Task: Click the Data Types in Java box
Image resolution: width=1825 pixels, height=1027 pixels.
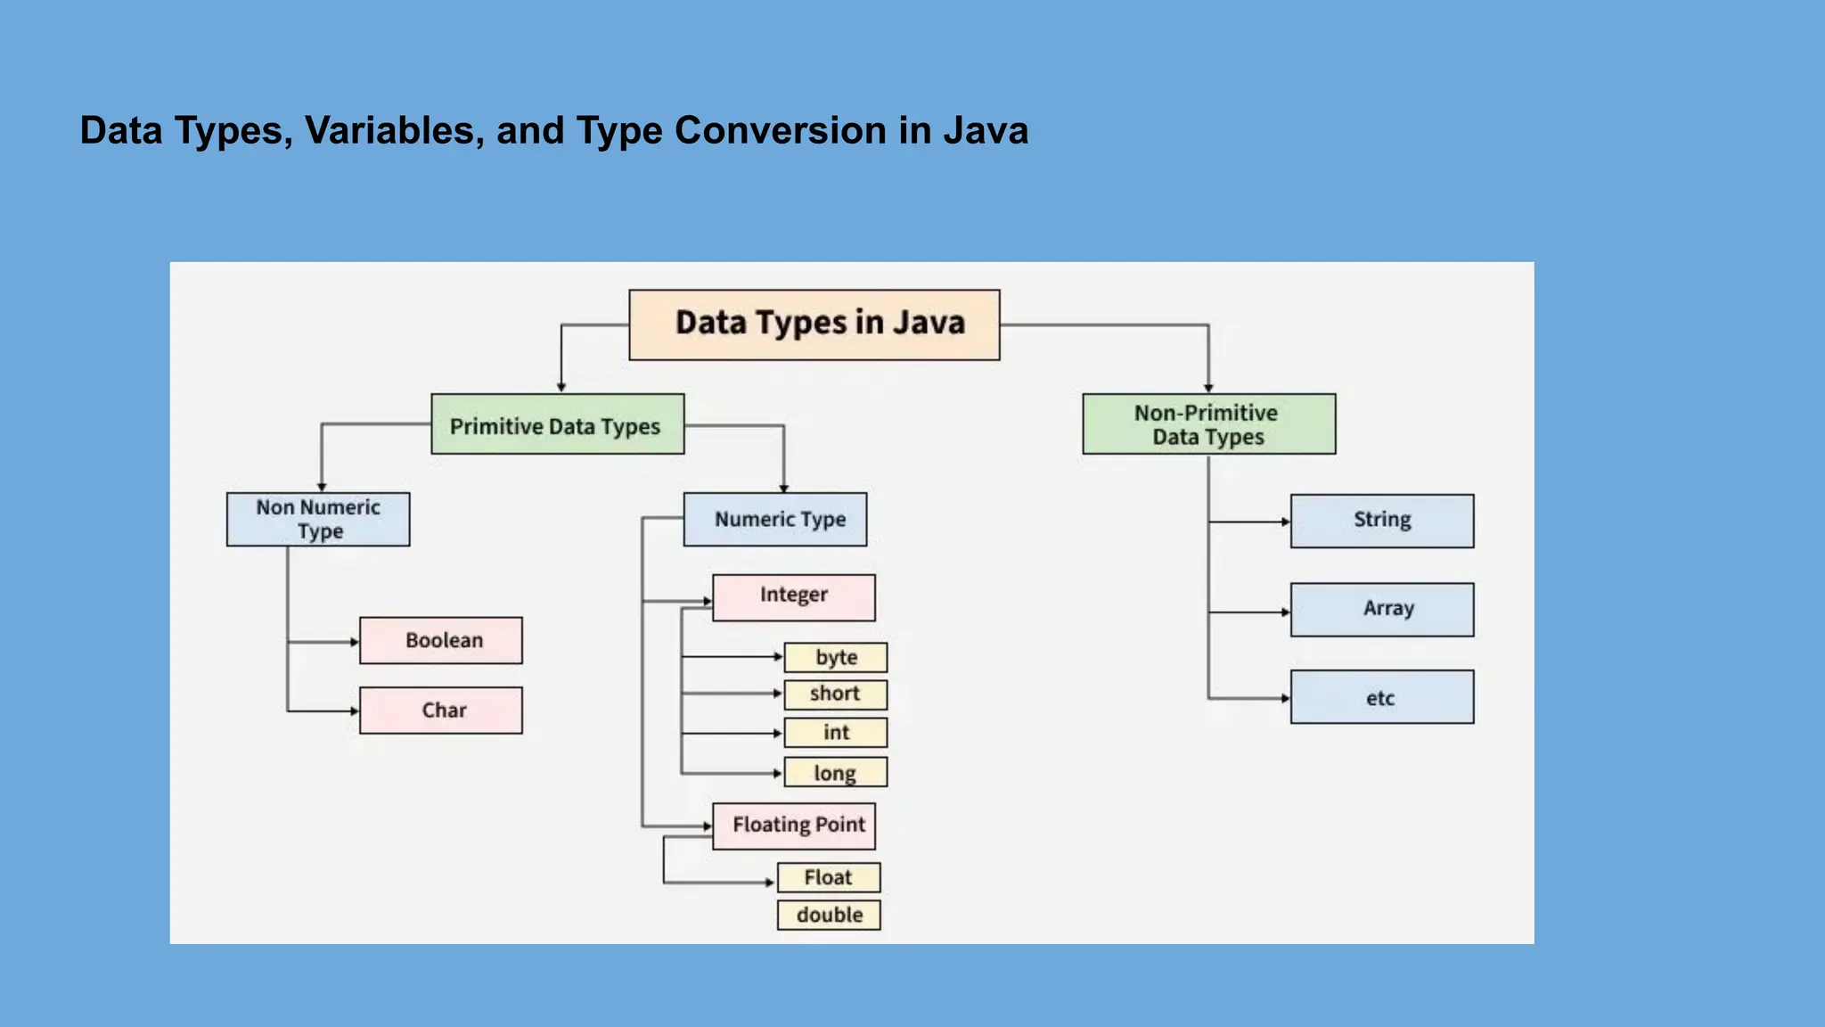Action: pyautogui.click(x=814, y=325)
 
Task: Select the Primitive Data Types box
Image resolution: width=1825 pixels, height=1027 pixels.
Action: pyautogui.click(x=557, y=424)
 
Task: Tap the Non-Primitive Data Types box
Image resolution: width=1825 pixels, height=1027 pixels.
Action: pyautogui.click(x=1208, y=424)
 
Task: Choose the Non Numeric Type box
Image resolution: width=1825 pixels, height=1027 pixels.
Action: pyautogui.click(x=318, y=519)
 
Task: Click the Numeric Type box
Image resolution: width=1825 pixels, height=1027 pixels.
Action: pyautogui.click(x=774, y=519)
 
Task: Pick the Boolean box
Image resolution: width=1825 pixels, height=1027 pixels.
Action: pyautogui.click(x=441, y=640)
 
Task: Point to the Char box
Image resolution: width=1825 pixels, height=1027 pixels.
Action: pyautogui.click(x=441, y=711)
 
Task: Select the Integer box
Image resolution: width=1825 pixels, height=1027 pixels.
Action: pyautogui.click(x=793, y=596)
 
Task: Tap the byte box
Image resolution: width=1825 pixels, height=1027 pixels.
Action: pyautogui.click(x=835, y=658)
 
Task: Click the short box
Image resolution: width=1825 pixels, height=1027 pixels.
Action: pyautogui.click(x=835, y=694)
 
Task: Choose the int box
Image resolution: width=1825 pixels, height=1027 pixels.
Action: pyautogui.click(x=835, y=733)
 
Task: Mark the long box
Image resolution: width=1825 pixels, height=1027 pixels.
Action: pyautogui.click(x=835, y=772)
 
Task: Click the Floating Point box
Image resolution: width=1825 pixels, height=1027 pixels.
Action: pyautogui.click(x=793, y=826)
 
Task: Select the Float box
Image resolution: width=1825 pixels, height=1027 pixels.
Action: pyautogui.click(x=829, y=877)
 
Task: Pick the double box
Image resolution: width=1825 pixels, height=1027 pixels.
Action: pyautogui.click(x=829, y=915)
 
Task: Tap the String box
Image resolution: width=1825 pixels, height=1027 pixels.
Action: pyautogui.click(x=1381, y=521)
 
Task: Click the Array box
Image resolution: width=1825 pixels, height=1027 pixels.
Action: pyautogui.click(x=1381, y=610)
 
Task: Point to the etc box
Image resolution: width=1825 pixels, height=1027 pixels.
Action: pyautogui.click(x=1381, y=697)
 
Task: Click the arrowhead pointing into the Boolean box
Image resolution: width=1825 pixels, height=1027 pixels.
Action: pyautogui.click(x=355, y=642)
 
